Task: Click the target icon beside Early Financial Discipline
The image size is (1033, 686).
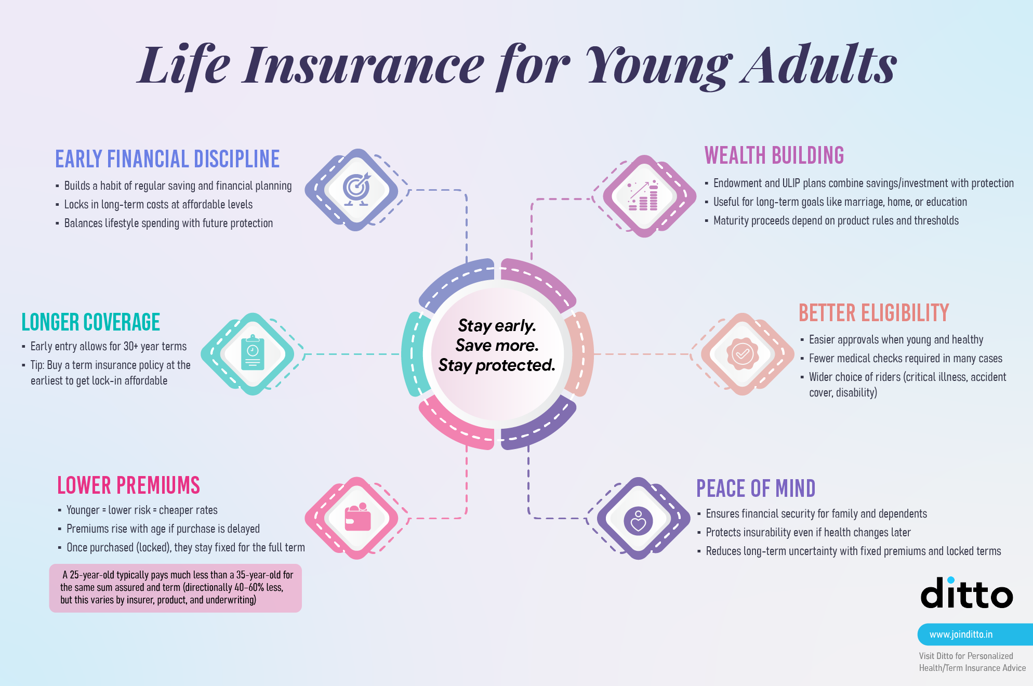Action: coord(356,189)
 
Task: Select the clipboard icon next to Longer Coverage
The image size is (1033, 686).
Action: coord(253,353)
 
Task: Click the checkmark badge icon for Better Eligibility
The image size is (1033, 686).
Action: coord(743,354)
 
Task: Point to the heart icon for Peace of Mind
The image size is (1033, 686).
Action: coord(638,521)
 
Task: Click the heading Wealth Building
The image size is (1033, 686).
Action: coord(774,155)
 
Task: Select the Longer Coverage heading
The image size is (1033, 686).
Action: coord(91,322)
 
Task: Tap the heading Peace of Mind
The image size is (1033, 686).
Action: coord(756,489)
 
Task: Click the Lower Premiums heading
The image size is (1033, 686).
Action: coord(128,485)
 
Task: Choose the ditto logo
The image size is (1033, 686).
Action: coord(966,592)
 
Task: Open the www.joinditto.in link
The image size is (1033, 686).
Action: coord(961,635)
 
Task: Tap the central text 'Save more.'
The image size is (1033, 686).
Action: coord(497,346)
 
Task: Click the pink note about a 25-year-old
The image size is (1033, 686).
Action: coord(176,588)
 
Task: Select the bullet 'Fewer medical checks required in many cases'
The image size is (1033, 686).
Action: coord(905,358)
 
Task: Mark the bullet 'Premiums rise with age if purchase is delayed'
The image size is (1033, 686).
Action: coord(163,529)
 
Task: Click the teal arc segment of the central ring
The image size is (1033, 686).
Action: coord(415,354)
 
